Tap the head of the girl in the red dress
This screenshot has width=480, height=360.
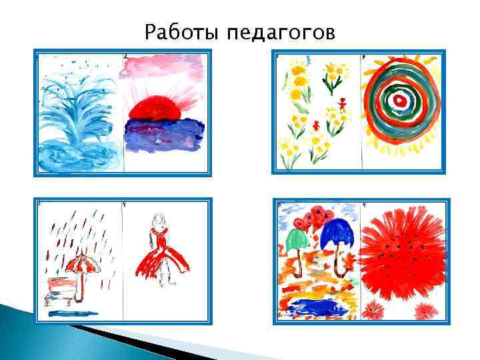coord(158,219)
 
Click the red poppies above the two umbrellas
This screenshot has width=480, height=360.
coord(313,217)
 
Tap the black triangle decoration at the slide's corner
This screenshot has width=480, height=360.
coord(120,337)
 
